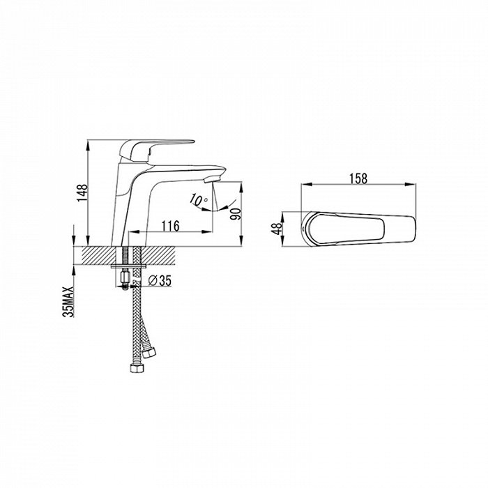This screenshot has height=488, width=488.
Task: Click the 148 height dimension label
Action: (83, 192)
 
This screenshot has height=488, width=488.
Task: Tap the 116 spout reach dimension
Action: (170, 226)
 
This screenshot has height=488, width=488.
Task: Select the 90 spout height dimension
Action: (236, 214)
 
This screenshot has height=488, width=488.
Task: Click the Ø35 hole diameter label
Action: (160, 280)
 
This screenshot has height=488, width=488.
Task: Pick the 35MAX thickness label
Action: (68, 301)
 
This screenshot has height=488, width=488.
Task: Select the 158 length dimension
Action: (358, 178)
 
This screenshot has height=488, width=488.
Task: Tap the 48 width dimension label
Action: (277, 229)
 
